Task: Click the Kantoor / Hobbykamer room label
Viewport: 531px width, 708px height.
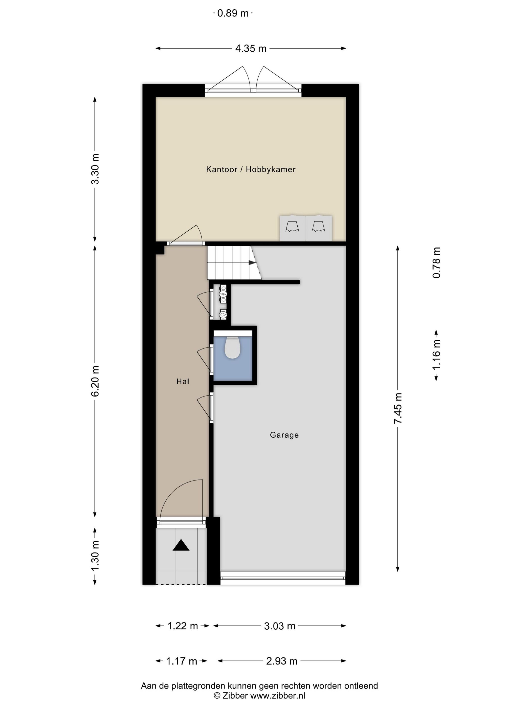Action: pyautogui.click(x=251, y=169)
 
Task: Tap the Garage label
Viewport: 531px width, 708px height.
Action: pyautogui.click(x=284, y=435)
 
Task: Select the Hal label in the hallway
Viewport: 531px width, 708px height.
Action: pyautogui.click(x=183, y=381)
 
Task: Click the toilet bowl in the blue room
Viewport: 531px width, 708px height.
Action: pyautogui.click(x=232, y=348)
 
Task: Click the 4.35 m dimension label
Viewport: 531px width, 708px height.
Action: pyautogui.click(x=251, y=49)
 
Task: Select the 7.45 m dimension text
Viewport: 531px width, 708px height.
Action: pyautogui.click(x=398, y=408)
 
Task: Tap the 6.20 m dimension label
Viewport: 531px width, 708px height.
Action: pyautogui.click(x=95, y=381)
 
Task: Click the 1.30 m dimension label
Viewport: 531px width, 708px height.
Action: pyautogui.click(x=95, y=556)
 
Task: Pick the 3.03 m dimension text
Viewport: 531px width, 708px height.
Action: pyautogui.click(x=279, y=626)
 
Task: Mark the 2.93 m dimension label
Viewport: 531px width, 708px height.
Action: pyautogui.click(x=282, y=661)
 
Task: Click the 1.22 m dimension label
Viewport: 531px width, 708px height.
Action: pyautogui.click(x=183, y=626)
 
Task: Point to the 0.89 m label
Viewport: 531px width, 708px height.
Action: pyautogui.click(x=233, y=13)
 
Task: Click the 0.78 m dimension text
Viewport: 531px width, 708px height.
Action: pyautogui.click(x=436, y=262)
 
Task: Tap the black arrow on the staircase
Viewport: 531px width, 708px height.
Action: pyautogui.click(x=252, y=263)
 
